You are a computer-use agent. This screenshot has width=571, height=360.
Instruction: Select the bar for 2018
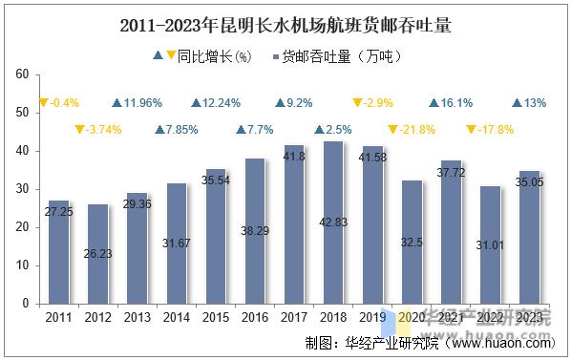point(332,222)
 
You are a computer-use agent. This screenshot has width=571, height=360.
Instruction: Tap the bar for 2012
point(97,254)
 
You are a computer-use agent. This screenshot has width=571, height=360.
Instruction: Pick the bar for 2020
point(411,243)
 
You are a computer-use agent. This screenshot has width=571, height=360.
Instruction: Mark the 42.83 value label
point(332,222)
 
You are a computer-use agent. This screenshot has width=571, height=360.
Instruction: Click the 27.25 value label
point(59,210)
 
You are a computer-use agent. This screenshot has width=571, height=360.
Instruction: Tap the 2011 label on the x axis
point(59,317)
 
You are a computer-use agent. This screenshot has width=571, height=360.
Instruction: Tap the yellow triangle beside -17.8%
point(471,130)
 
